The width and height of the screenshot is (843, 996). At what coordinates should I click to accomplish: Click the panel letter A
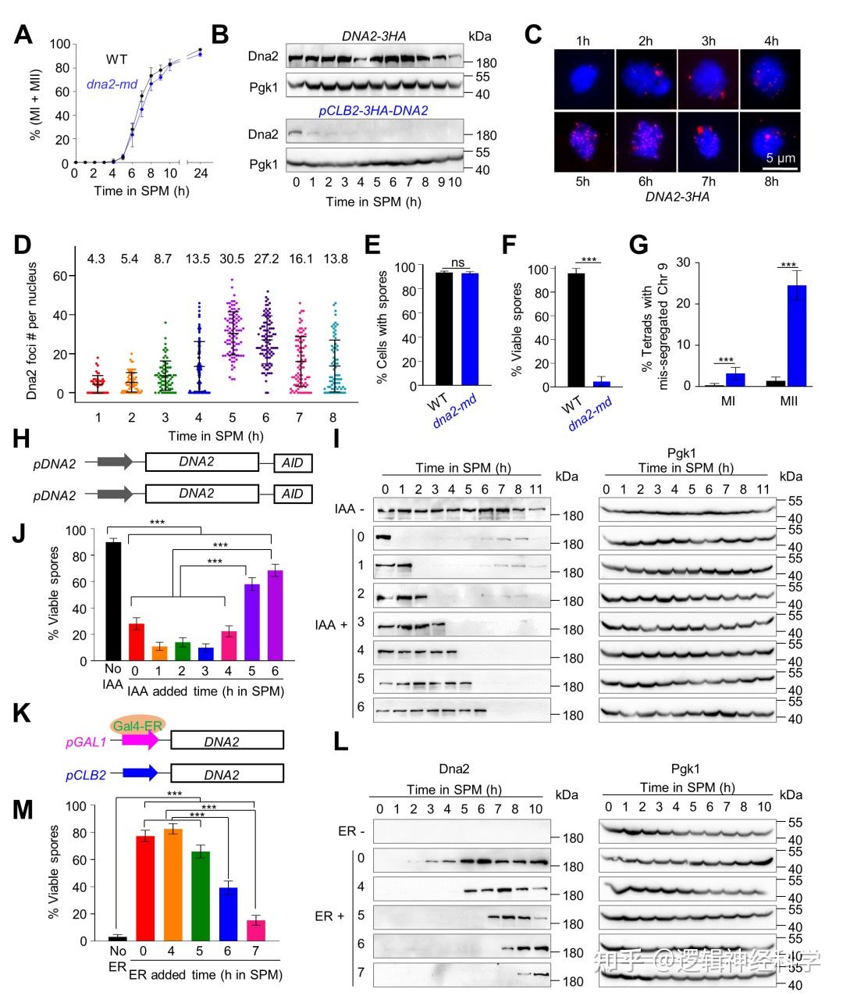coord(23,35)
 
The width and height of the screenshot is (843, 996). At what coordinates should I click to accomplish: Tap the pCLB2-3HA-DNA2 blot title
coord(373,111)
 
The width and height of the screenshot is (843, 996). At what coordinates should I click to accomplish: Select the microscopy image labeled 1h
coord(584,79)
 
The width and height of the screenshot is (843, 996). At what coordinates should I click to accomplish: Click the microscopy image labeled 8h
coord(770,141)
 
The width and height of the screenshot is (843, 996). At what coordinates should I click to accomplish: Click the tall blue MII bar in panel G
coord(796,336)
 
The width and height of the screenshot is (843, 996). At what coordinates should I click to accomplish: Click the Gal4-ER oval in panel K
coord(137,724)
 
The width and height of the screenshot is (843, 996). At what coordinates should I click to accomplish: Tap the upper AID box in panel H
coord(293,462)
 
